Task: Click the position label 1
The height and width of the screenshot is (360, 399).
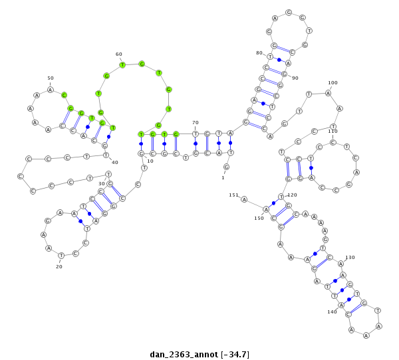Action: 223,177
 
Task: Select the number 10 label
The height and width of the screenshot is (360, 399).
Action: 150,161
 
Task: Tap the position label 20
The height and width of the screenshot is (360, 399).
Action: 59,266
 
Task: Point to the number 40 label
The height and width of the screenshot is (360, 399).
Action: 115,163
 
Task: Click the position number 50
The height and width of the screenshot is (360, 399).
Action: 51,78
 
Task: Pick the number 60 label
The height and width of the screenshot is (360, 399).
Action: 119,54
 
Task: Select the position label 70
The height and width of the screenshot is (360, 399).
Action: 196,123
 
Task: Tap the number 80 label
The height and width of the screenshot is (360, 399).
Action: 259,53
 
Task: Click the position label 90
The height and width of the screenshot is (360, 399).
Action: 295,78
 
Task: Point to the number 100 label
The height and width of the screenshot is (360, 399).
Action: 332,83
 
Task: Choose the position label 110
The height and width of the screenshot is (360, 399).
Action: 332,132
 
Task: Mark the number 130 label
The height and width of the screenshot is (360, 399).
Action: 350,258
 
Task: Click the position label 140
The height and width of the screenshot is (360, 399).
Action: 332,312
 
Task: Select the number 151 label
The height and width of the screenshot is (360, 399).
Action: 233,195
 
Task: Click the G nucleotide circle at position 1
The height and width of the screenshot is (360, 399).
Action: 226,167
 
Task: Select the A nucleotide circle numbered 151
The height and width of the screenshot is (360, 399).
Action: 244,199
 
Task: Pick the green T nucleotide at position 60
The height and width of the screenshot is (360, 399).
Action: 122,64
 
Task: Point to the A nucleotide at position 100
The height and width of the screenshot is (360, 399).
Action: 328,93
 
